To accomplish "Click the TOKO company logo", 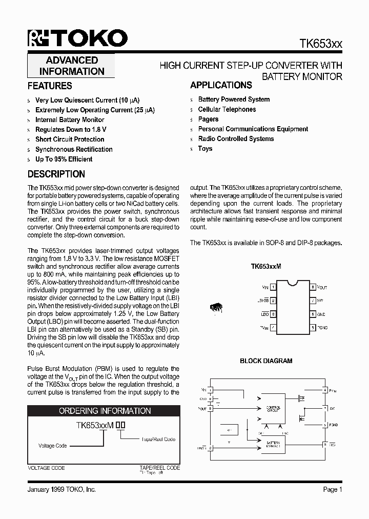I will point(77,38).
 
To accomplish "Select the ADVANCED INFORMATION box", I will point(72,66).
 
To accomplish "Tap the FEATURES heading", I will point(50,86).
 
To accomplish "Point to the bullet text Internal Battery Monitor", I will point(70,119).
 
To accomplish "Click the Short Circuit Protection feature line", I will point(70,139).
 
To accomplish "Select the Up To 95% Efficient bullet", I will point(64,159).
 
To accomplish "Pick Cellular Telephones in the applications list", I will point(227,109).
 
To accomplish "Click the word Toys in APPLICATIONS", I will point(205,148).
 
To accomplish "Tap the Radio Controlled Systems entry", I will point(236,138).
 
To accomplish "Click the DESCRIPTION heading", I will point(56,174).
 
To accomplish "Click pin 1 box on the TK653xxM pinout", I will point(274,287).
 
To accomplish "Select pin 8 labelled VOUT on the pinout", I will point(313,287).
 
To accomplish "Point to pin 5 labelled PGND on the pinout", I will point(313,327).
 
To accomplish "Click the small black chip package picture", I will point(216,308).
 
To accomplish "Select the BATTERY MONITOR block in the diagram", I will point(273,444).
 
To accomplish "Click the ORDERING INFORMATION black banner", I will point(105,411).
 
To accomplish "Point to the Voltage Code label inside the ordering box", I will point(53,446).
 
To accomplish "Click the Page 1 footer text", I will point(333,490).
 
